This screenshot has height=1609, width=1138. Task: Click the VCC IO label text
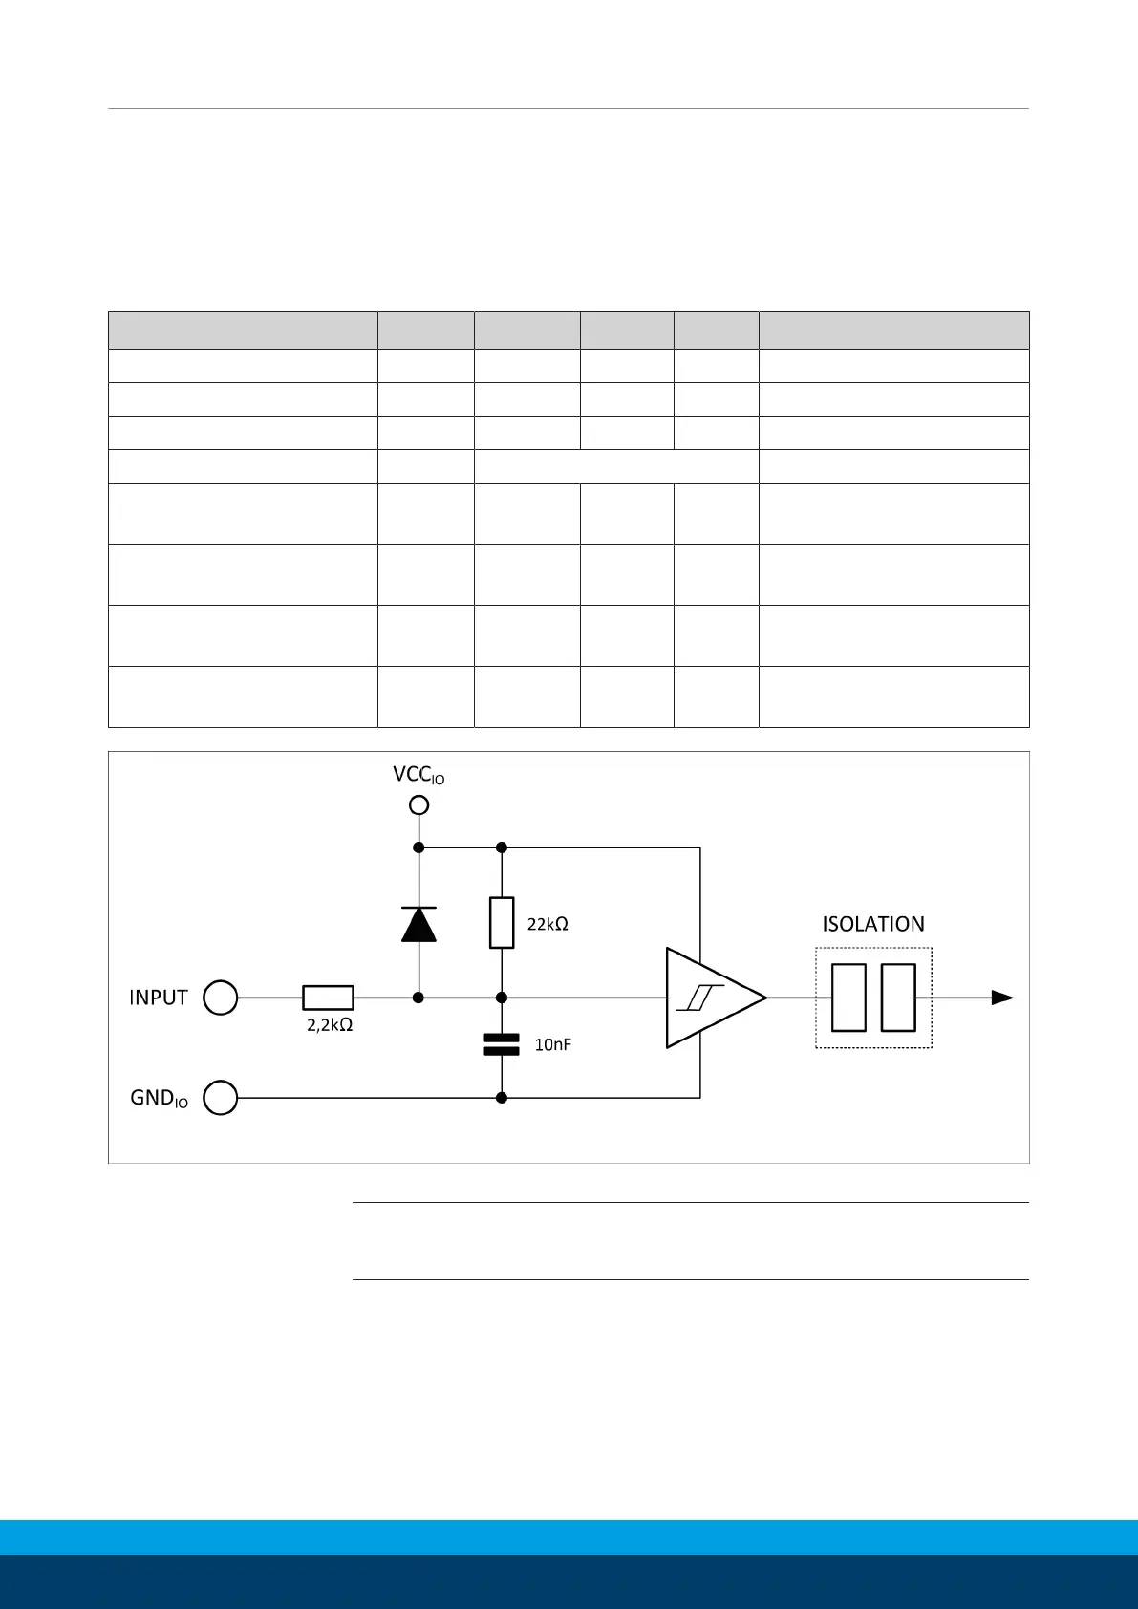[418, 775]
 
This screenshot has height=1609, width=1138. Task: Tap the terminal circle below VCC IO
[419, 805]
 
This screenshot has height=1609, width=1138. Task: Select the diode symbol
[419, 924]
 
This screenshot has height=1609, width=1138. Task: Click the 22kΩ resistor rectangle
[502, 922]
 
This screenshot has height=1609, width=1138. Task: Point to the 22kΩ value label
[548, 924]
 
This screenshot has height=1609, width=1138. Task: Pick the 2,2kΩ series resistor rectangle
[328, 998]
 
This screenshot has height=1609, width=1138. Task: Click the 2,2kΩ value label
[330, 1025]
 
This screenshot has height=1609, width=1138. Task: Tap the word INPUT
[159, 998]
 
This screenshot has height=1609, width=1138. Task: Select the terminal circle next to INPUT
[221, 998]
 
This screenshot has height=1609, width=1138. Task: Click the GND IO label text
[159, 1099]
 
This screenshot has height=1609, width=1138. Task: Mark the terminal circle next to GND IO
[221, 1098]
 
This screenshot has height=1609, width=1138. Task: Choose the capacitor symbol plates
[502, 1043]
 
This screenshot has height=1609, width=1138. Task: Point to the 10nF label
[552, 1044]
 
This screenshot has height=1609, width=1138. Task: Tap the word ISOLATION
[873, 924]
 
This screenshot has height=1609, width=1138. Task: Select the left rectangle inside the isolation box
[848, 998]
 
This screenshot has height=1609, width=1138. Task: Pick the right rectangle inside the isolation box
[898, 998]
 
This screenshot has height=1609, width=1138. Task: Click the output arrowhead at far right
[1002, 998]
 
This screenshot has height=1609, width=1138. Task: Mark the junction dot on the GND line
[502, 1098]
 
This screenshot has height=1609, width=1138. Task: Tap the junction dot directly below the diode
[419, 998]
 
